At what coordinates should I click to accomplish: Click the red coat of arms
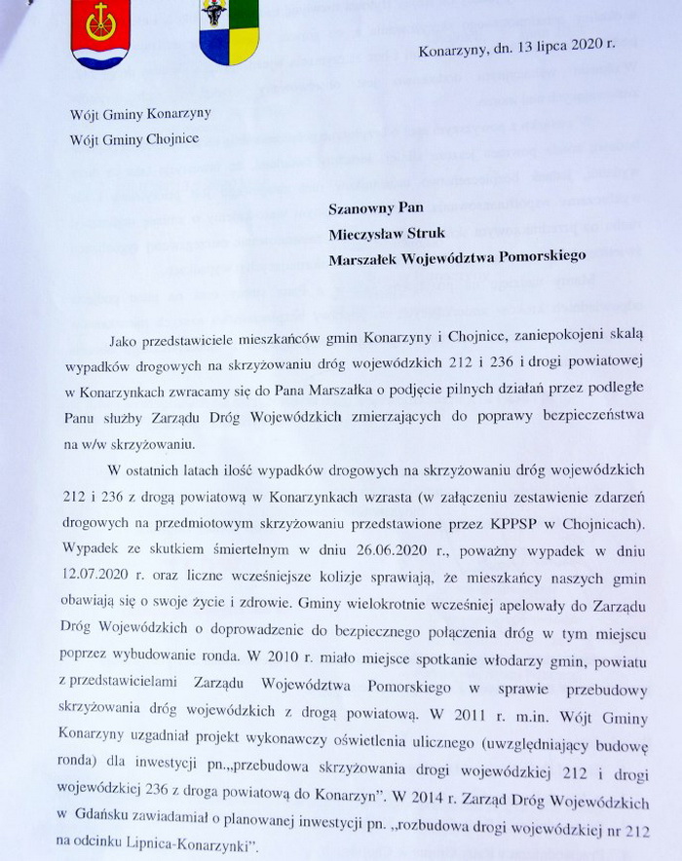coord(99,32)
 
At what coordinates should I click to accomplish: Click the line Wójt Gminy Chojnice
coord(134,138)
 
